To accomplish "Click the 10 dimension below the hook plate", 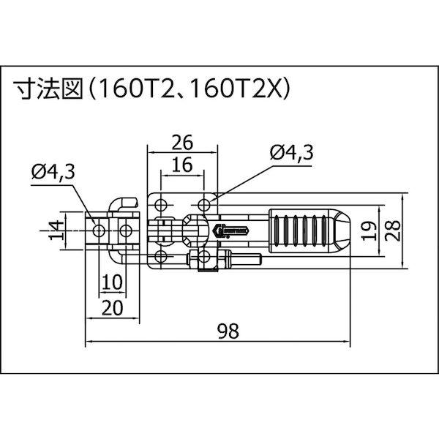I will click(112, 282).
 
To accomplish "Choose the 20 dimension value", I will click(112, 308).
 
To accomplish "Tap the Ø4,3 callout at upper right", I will click(290, 152).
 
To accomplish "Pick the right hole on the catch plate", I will click(127, 231).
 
